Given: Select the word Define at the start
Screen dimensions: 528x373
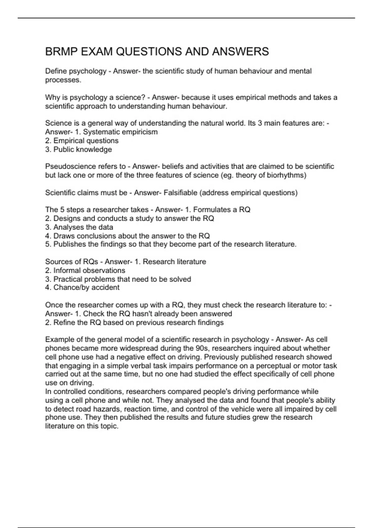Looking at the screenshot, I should pyautogui.click(x=56, y=71).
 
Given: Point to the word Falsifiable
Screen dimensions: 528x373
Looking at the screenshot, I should pyautogui.click(x=180, y=193).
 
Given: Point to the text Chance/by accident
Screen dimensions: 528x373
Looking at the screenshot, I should pyautogui.click(x=86, y=288).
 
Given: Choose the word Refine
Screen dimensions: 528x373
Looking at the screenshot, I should pyautogui.click(x=65, y=323).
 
